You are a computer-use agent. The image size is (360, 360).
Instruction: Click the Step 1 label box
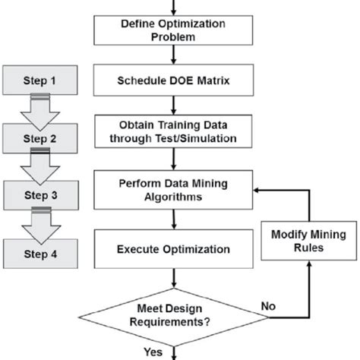coord(42,80)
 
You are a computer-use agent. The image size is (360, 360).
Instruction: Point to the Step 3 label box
coord(42,195)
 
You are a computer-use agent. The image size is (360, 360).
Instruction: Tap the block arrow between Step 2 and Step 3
coord(43,166)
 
